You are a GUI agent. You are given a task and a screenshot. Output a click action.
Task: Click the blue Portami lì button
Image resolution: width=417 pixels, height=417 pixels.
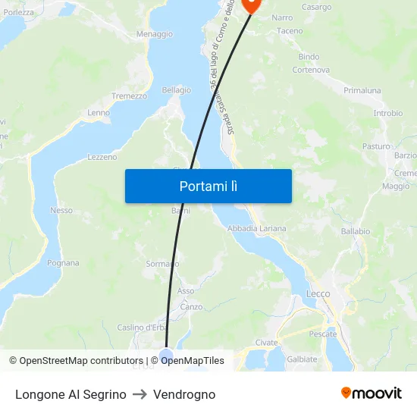208,186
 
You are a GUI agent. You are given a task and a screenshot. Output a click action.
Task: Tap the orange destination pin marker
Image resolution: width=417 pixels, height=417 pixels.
250,4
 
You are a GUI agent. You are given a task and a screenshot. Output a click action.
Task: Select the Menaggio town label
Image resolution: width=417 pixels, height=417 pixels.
154,34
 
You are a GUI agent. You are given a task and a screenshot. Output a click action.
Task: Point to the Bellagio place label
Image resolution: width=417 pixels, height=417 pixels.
176,89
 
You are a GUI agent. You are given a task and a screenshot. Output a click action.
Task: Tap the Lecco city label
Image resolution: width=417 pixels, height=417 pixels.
318,293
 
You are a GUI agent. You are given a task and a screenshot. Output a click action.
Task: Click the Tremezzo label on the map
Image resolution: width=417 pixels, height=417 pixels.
129,96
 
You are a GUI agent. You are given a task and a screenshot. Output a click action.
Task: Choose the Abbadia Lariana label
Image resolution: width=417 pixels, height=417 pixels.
257,228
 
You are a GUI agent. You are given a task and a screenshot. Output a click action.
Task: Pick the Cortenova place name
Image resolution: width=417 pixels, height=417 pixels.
311,70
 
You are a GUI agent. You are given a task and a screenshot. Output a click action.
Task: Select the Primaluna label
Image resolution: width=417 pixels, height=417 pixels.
362,90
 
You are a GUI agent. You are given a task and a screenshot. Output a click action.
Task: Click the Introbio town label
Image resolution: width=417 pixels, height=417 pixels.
387,113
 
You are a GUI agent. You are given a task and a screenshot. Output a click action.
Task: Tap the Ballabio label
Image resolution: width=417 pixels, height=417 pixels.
355,230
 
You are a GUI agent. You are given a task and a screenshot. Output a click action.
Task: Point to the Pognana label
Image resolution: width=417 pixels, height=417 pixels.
63,263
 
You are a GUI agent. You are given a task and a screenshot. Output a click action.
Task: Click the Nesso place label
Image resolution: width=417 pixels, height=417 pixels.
61,210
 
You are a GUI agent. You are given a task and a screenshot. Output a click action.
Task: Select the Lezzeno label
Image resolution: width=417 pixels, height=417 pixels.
102,157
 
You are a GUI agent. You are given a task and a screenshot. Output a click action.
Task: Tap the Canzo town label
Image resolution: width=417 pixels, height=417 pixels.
191,307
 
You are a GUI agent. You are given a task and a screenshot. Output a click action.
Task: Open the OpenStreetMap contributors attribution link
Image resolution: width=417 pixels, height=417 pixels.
81,361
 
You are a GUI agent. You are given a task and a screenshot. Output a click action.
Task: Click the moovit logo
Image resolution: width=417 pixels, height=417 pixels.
372,393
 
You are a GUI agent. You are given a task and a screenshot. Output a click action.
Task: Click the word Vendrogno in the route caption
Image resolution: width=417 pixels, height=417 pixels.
184,394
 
